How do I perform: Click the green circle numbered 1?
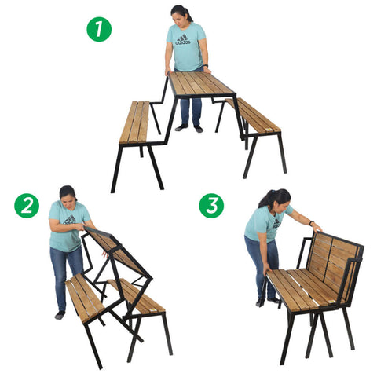pyautogui.click(x=99, y=30)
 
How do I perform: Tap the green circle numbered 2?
pyautogui.click(x=27, y=206)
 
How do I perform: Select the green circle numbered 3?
pyautogui.click(x=210, y=206)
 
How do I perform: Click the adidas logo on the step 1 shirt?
pyautogui.click(x=183, y=39)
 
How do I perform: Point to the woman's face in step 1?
pyautogui.click(x=179, y=15)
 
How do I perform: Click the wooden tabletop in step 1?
pyautogui.click(x=199, y=83)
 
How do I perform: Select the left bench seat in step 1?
pyautogui.click(x=134, y=123)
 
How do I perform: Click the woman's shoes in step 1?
pyautogui.click(x=188, y=127)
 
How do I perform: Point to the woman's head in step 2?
pyautogui.click(x=68, y=193)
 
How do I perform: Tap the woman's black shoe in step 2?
pyautogui.click(x=60, y=315)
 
